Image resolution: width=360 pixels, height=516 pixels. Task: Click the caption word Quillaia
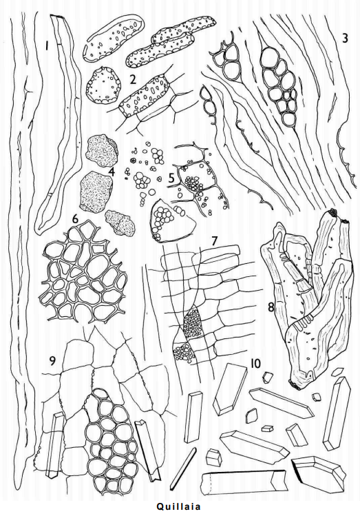[178, 506]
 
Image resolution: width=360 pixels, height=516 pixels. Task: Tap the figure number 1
[47, 46]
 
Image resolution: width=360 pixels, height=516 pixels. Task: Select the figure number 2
[132, 79]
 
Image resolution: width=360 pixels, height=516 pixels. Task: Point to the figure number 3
[345, 38]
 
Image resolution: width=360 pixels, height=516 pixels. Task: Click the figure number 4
[112, 172]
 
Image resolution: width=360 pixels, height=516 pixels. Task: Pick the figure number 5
[171, 178]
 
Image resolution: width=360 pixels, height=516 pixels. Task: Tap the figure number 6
[75, 219]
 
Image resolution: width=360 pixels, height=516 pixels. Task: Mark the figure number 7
[214, 241]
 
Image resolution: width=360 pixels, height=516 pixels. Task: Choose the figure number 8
[271, 307]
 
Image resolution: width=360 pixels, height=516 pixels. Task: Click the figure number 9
[52, 361]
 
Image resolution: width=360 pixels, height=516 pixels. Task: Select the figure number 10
[255, 363]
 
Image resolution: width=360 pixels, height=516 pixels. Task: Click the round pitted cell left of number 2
[103, 85]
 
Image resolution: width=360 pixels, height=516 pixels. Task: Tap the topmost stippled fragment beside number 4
[102, 151]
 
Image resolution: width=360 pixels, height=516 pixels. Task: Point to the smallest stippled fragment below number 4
[120, 223]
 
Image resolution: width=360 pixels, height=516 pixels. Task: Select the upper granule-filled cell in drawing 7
[193, 322]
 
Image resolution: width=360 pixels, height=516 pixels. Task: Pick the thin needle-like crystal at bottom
[183, 468]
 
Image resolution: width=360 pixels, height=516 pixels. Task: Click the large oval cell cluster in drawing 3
[279, 87]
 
